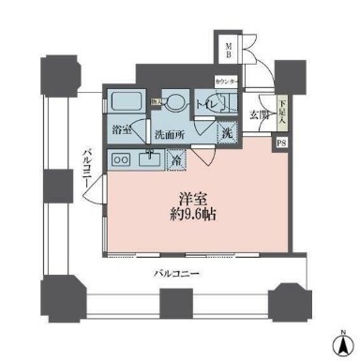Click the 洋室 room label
coord(194,199)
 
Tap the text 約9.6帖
coord(194,215)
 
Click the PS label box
coord(282,143)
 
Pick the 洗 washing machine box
coord(227,134)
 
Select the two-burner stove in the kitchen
coord(120,160)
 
